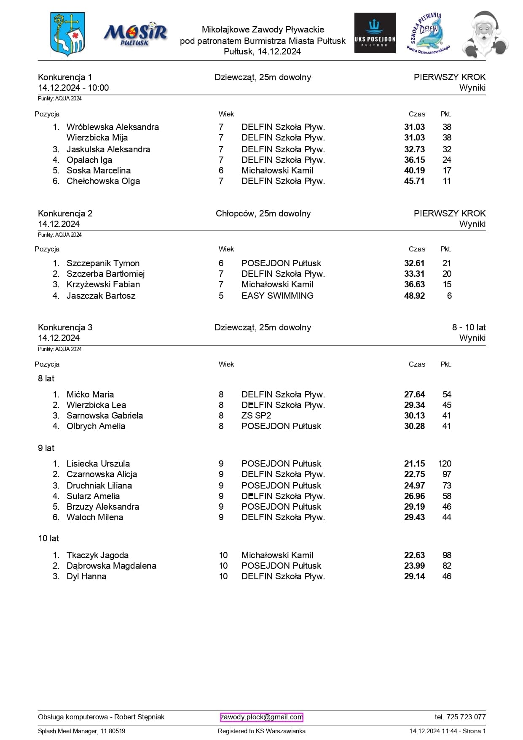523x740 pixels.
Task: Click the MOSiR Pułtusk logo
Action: (x=135, y=34)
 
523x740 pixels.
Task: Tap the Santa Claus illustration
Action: (x=485, y=35)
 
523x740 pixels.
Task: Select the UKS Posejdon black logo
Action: (x=375, y=33)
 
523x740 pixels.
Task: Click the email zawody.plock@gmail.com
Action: (x=262, y=717)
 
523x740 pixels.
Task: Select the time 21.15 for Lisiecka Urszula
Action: (x=414, y=464)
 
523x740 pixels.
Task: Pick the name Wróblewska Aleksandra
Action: (x=113, y=127)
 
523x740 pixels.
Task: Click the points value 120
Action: (x=445, y=464)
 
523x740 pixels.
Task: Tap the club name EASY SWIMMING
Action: (x=277, y=296)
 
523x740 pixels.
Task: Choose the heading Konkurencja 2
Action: (x=65, y=213)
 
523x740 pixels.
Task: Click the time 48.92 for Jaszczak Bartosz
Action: (x=414, y=296)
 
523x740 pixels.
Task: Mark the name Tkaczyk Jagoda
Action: (x=97, y=555)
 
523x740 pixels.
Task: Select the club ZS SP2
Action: (x=256, y=416)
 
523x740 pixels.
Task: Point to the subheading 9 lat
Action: (x=46, y=448)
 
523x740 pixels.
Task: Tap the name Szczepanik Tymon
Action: (x=103, y=263)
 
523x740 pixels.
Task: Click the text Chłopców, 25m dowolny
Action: (x=263, y=213)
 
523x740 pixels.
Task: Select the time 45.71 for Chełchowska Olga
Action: (x=414, y=181)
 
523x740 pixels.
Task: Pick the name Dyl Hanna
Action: (x=86, y=576)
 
